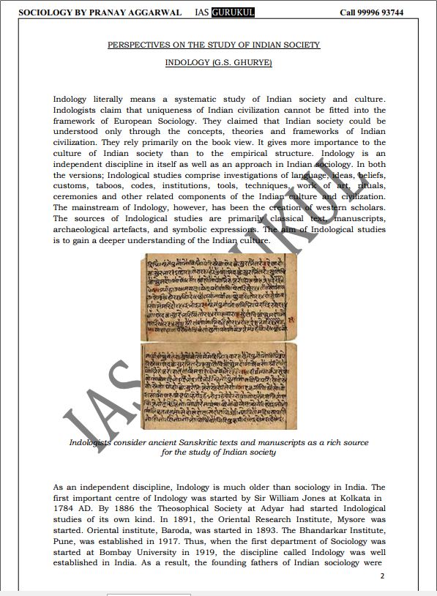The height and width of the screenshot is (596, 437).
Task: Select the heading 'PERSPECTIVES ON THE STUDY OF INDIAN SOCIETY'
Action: tap(214, 45)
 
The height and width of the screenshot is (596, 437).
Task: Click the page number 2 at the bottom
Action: tap(382, 576)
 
